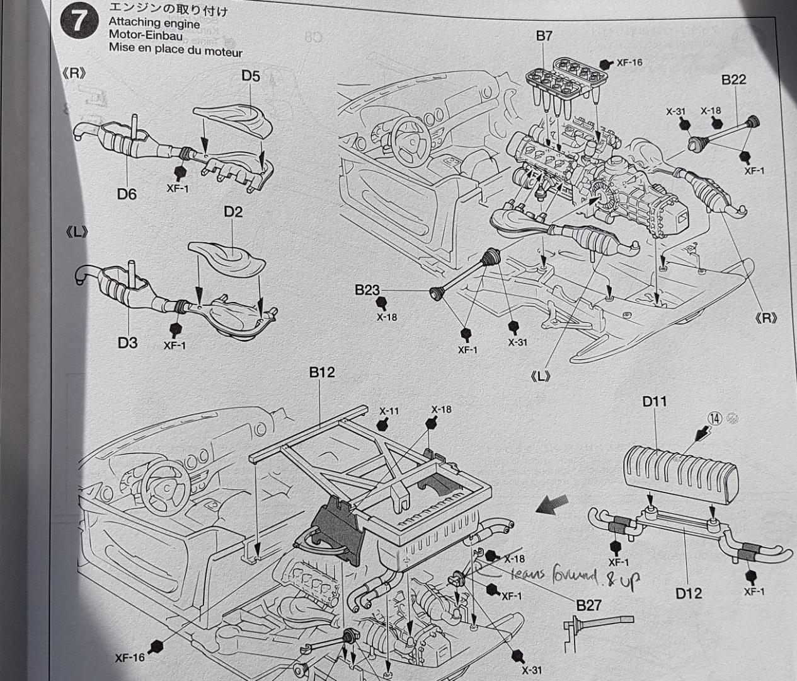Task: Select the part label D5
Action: click(251, 76)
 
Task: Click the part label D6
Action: click(127, 194)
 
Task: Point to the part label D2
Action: click(233, 212)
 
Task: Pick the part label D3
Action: click(127, 343)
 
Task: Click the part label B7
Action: click(544, 36)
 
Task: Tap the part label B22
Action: click(733, 79)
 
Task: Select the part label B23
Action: click(367, 290)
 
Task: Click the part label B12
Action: click(322, 373)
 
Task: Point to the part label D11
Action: click(655, 401)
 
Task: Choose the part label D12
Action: click(689, 593)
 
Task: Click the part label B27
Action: click(589, 605)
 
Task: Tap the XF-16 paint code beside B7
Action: click(629, 62)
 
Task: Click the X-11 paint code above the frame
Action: click(389, 411)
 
